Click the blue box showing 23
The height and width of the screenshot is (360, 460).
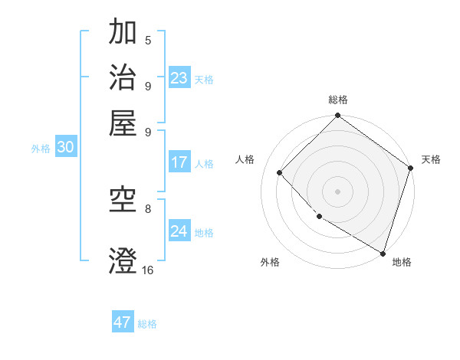tap(179, 78)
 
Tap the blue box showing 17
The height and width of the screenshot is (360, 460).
tap(179, 162)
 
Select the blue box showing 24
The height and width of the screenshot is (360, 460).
tap(179, 231)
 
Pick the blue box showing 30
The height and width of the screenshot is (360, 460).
tap(65, 148)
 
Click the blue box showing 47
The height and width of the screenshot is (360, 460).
tap(123, 322)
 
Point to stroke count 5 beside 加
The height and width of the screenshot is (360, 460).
tap(148, 41)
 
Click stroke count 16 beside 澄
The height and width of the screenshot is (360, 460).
tap(148, 270)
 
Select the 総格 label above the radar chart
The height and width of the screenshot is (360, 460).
tap(337, 100)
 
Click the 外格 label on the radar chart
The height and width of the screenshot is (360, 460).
tap(270, 262)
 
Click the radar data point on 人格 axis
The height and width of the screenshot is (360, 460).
tap(281, 172)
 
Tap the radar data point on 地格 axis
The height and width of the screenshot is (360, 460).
tap(383, 252)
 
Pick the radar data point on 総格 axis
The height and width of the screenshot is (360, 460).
tap(337, 116)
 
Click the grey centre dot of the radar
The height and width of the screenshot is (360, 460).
tap(337, 191)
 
